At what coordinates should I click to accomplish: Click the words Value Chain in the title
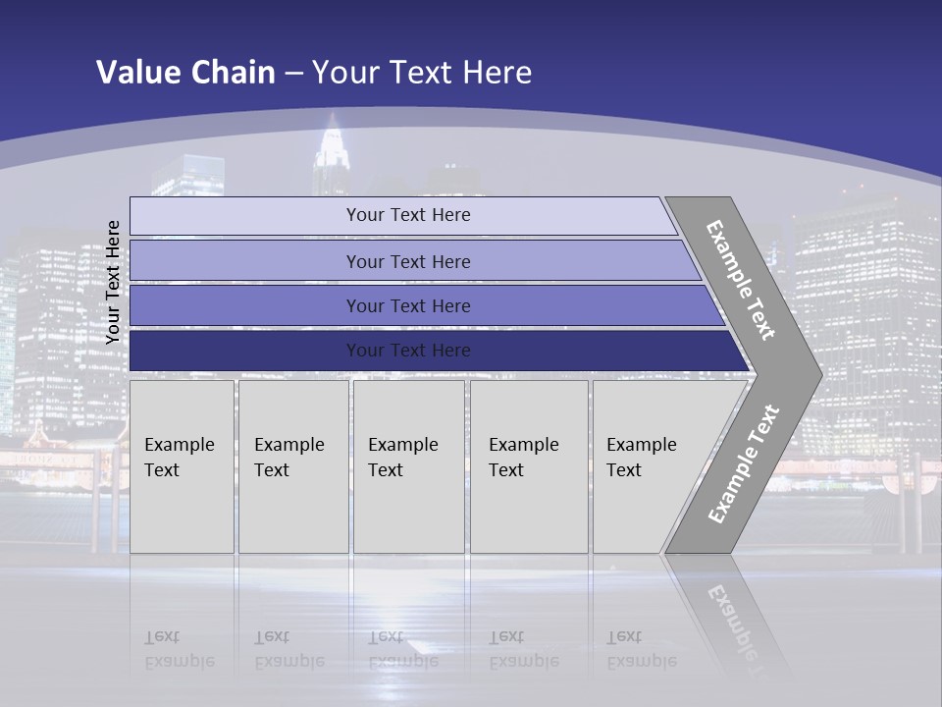(x=185, y=73)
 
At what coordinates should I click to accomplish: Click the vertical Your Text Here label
(x=114, y=282)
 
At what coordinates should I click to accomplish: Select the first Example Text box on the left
(x=182, y=466)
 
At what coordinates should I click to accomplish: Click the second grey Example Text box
(x=293, y=466)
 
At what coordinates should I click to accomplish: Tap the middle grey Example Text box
(x=408, y=466)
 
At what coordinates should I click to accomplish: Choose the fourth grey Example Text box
(x=529, y=466)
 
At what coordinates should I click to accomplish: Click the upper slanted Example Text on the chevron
(x=742, y=280)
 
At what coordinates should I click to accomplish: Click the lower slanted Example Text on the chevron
(x=743, y=463)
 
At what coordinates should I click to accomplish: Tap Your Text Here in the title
(x=422, y=73)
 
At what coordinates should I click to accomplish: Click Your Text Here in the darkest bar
(x=408, y=351)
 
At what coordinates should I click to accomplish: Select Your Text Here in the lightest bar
(x=408, y=215)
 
